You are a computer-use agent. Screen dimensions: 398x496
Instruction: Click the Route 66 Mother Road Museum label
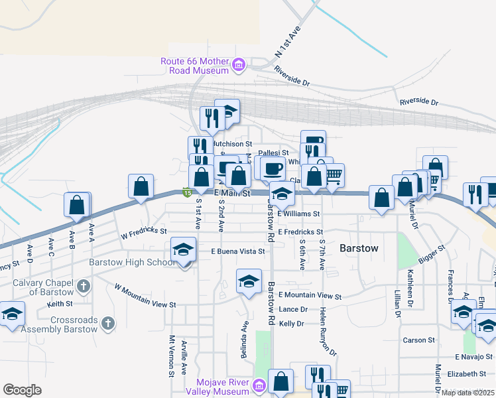coord(194,66)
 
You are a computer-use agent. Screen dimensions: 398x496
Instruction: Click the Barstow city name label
coord(359,248)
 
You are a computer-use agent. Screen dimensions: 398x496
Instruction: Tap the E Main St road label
coord(231,194)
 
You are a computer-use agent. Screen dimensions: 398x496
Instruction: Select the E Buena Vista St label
coord(237,251)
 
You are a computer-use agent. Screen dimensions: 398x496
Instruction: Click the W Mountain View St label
coord(145,297)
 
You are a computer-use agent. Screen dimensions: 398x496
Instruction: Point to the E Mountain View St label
coord(310,296)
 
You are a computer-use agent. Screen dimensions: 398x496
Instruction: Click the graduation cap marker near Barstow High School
coord(184,250)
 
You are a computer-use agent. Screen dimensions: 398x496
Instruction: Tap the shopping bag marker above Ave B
coord(77,205)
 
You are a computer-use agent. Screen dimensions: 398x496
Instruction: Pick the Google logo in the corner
coord(22,390)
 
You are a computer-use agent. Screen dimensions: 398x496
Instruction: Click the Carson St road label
coord(418,340)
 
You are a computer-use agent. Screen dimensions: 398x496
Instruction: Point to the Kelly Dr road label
coord(291,324)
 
